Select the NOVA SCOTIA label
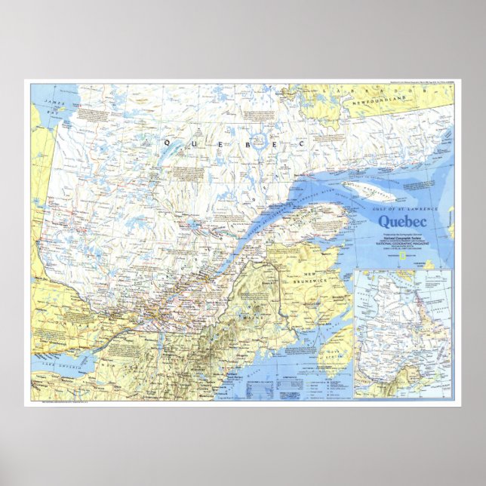332,355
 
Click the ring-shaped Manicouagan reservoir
259,140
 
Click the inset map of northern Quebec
404,333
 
